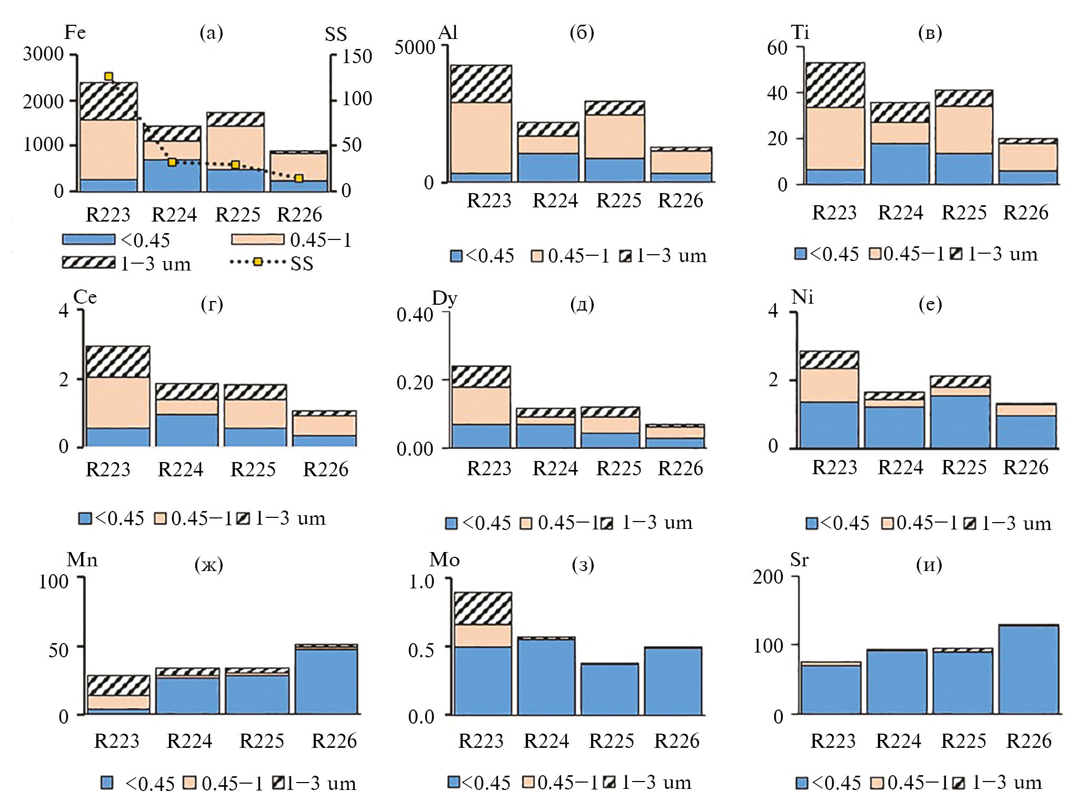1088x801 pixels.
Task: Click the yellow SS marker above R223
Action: click(108, 77)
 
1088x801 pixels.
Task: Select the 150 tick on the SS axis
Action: click(357, 56)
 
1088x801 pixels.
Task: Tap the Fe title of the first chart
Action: click(75, 33)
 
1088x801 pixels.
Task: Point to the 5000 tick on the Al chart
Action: click(415, 47)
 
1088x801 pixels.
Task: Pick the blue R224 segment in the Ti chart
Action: click(900, 163)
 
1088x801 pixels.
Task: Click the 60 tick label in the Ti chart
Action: click(777, 48)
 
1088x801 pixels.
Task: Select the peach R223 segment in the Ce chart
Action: click(117, 403)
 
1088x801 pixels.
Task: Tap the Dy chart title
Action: click(444, 298)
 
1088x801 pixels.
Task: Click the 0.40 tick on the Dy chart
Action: click(414, 315)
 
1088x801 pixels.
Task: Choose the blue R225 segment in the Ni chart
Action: click(960, 421)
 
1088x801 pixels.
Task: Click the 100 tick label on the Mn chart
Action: click(53, 582)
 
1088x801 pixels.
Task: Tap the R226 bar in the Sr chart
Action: click(1028, 669)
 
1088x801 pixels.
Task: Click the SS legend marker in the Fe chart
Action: click(257, 262)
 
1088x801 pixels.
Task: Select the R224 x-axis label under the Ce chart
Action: click(180, 469)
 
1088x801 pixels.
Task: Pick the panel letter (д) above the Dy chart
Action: click(582, 304)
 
